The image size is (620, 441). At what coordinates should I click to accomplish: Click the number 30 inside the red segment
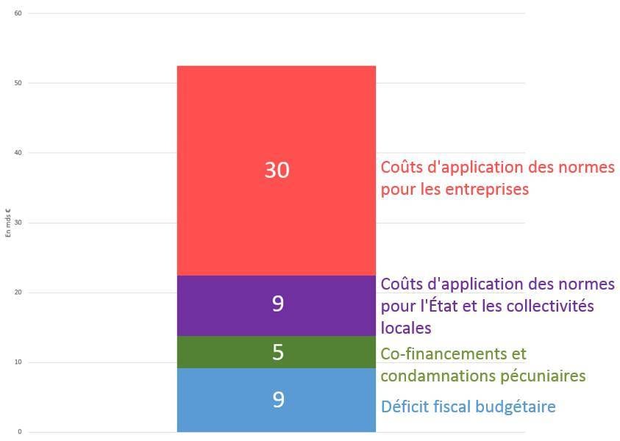[277, 171]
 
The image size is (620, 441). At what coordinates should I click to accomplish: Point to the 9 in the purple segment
[277, 304]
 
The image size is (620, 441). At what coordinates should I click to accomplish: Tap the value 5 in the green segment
[277, 353]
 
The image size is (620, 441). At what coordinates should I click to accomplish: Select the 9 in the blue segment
[277, 400]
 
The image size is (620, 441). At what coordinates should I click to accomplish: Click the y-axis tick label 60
[18, 13]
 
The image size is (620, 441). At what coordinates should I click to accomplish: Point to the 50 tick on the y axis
[18, 83]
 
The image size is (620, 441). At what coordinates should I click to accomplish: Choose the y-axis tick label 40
[18, 153]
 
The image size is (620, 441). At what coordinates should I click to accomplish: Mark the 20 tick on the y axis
[18, 293]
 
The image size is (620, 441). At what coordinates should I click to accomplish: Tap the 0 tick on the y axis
[20, 432]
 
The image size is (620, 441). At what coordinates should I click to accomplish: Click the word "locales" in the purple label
[406, 327]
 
